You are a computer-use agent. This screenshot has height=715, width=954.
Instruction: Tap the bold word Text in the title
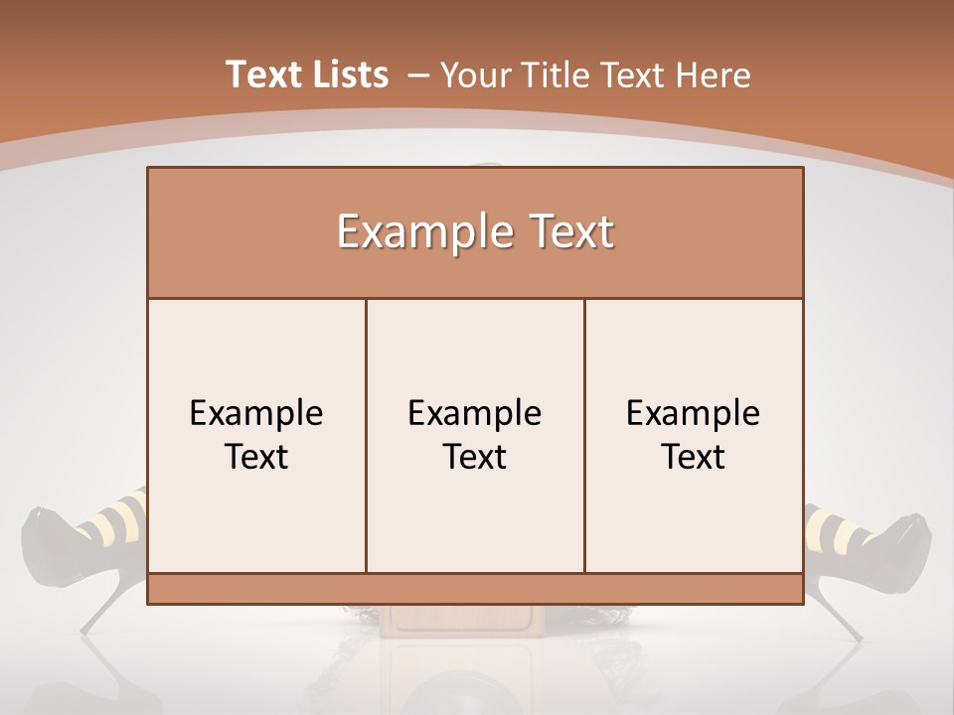click(261, 74)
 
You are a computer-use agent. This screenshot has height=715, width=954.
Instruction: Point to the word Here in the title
click(713, 75)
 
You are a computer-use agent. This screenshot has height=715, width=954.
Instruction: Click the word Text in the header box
click(568, 232)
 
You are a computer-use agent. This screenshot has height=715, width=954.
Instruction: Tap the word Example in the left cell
click(256, 413)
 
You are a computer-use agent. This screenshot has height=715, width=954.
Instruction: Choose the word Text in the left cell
click(256, 457)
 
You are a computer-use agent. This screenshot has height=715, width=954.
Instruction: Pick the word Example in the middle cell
click(475, 413)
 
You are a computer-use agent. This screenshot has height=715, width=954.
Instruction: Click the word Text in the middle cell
click(475, 457)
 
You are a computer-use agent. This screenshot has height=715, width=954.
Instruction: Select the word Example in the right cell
click(693, 413)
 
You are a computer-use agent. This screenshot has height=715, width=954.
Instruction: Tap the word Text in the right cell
click(693, 457)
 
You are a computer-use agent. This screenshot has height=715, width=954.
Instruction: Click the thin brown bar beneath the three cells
click(475, 588)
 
